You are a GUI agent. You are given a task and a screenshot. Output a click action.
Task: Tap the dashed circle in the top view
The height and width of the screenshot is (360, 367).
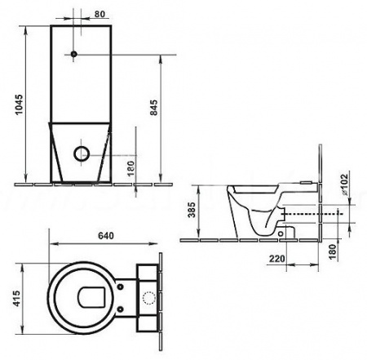[149, 297]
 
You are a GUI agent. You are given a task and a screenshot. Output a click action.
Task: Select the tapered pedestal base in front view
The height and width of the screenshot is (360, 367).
[81, 151]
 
